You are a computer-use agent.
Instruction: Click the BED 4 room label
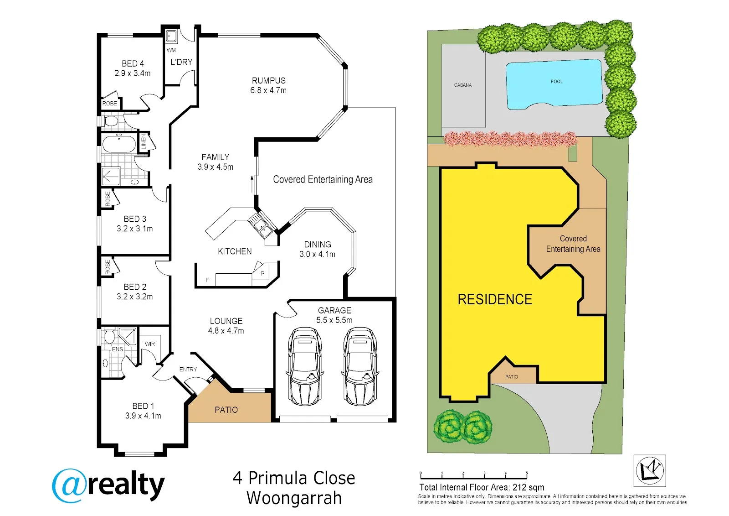(133, 63)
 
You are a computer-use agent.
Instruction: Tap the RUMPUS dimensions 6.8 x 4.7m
(268, 90)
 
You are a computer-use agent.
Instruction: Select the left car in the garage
(305, 366)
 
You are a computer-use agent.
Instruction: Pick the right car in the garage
(360, 366)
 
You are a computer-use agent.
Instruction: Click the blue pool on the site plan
(554, 84)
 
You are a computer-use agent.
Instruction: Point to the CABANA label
(463, 85)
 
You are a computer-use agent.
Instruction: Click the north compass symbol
(650, 471)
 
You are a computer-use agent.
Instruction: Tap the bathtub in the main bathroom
(119, 144)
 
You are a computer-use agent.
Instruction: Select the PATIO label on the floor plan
(226, 410)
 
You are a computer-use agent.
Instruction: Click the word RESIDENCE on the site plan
(495, 299)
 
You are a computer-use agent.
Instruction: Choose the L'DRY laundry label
(182, 62)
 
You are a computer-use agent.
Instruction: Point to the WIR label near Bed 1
(150, 344)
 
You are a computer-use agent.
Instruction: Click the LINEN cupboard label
(144, 142)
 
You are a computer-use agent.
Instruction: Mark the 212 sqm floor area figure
(528, 487)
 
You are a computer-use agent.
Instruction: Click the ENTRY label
(188, 369)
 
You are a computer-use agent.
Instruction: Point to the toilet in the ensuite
(109, 337)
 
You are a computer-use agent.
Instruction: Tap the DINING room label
(318, 245)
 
